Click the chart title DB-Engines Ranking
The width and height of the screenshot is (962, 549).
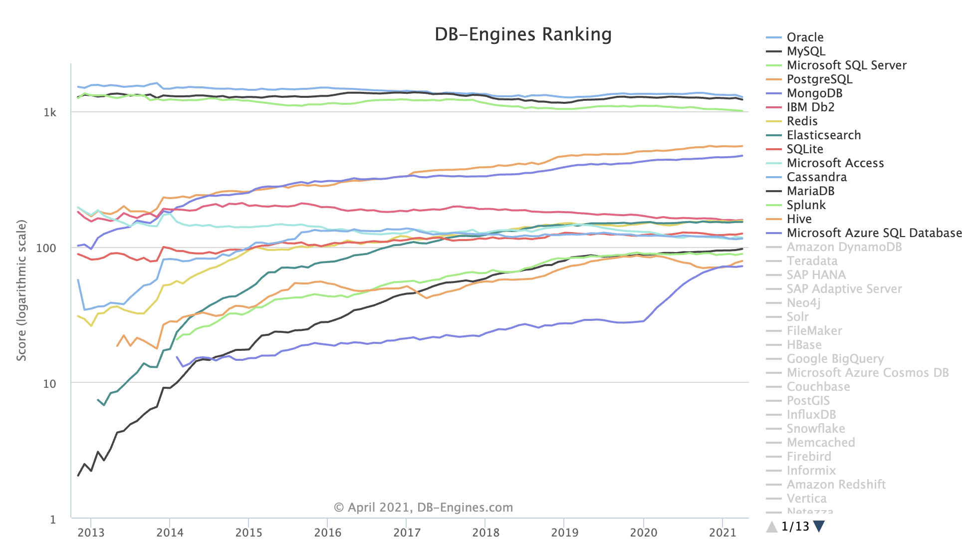click(x=523, y=34)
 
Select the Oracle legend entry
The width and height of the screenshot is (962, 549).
click(x=805, y=37)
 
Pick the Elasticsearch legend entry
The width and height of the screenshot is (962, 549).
click(x=823, y=135)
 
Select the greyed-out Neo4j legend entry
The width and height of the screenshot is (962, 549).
click(x=803, y=303)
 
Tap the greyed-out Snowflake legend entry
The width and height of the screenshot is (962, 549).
click(x=816, y=429)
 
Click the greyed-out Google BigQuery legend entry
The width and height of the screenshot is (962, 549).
click(x=835, y=359)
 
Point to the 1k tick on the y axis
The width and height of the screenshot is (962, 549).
click(x=50, y=112)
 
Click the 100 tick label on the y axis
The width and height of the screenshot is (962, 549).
click(x=46, y=248)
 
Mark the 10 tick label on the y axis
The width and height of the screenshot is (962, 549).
click(x=49, y=384)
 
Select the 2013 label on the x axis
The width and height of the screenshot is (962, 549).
click(x=91, y=533)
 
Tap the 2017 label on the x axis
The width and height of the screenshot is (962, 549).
click(x=407, y=533)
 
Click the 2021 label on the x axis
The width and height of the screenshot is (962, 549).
click(x=722, y=533)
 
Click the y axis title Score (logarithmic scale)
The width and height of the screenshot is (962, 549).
click(x=21, y=290)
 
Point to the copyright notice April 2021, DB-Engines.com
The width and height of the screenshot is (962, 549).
click(x=423, y=508)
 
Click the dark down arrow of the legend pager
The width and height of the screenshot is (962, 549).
click(x=819, y=527)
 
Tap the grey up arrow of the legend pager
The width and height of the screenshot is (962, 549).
click(x=772, y=527)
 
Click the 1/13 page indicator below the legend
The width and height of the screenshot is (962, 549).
click(x=795, y=527)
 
